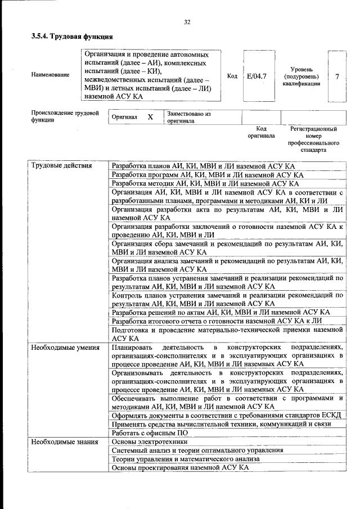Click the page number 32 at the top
tap(187, 22)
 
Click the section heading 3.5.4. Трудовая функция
tap(69, 37)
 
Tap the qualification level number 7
tap(336, 76)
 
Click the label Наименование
tap(51, 75)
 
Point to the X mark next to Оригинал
tap(150, 118)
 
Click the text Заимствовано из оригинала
tap(188, 117)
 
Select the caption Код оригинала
tap(261, 132)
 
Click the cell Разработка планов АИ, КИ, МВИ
tap(203, 166)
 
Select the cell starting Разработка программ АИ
tap(207, 174)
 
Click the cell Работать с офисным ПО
tap(149, 433)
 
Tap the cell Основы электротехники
tap(149, 442)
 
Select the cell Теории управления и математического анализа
tap(186, 459)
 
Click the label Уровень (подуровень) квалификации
tap(301, 76)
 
